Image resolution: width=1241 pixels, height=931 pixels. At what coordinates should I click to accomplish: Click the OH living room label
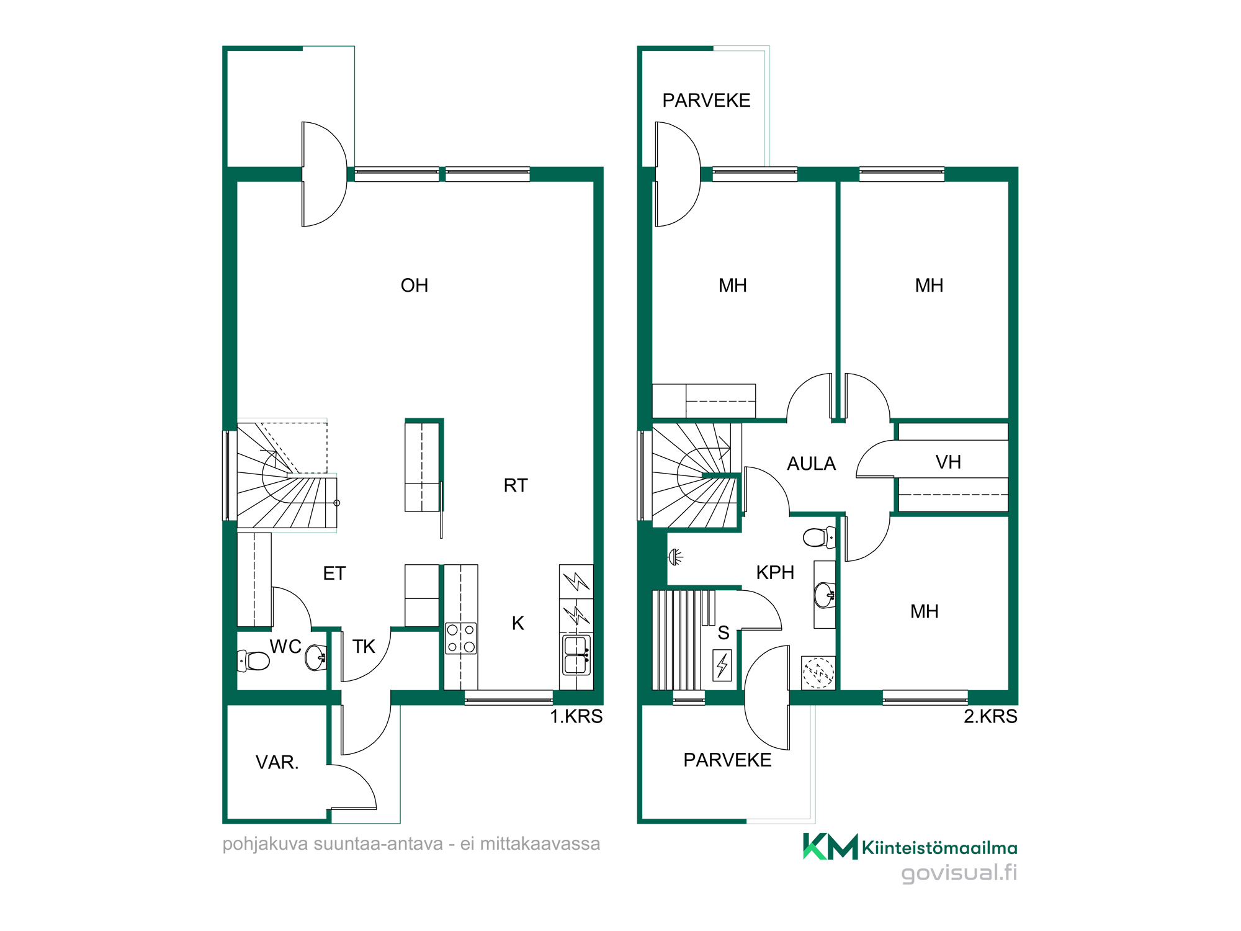pyautogui.click(x=414, y=286)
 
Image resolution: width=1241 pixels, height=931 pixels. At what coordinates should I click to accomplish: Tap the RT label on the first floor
pyautogui.click(x=516, y=485)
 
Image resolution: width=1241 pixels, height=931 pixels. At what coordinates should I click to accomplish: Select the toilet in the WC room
pyautogui.click(x=254, y=660)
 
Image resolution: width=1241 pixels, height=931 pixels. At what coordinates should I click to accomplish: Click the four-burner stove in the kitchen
pyautogui.click(x=461, y=639)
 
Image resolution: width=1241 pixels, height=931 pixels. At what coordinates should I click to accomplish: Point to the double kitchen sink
pyautogui.click(x=576, y=655)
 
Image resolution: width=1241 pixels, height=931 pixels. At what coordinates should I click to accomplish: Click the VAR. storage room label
pyautogui.click(x=277, y=762)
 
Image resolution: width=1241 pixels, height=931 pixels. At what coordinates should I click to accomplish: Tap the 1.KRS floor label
pyautogui.click(x=576, y=716)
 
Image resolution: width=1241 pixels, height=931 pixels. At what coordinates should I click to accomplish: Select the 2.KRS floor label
pyautogui.click(x=990, y=716)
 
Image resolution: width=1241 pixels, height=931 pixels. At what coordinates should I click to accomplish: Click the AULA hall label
pyautogui.click(x=811, y=464)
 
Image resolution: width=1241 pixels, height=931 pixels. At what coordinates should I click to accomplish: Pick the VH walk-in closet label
pyautogui.click(x=948, y=462)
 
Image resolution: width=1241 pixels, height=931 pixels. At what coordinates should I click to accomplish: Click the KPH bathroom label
pyautogui.click(x=775, y=572)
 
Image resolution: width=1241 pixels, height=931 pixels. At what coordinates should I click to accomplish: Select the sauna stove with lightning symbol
pyautogui.click(x=722, y=665)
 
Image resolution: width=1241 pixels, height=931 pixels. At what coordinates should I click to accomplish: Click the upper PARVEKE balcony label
pyautogui.click(x=706, y=101)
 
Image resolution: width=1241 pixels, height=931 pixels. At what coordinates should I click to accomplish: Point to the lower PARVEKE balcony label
pyautogui.click(x=727, y=760)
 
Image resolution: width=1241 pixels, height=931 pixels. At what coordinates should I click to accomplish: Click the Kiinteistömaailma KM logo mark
pyautogui.click(x=830, y=847)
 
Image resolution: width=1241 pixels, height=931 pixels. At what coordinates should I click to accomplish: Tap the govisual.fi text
pyautogui.click(x=959, y=873)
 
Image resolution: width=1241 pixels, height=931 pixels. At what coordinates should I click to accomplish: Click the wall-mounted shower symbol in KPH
pyautogui.click(x=676, y=557)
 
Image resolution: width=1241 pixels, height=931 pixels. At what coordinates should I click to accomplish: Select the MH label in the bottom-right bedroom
pyautogui.click(x=924, y=611)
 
